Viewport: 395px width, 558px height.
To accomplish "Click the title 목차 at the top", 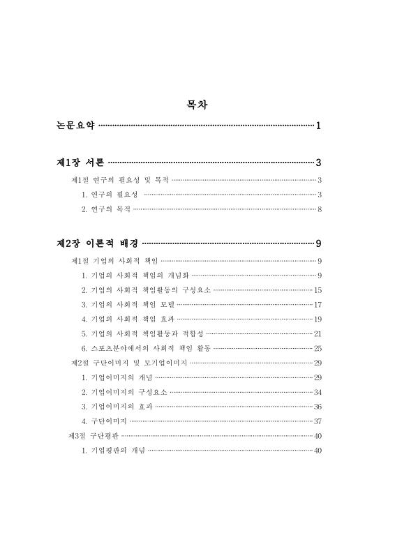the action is [197, 106].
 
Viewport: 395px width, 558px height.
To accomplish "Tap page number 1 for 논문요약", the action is [318, 126].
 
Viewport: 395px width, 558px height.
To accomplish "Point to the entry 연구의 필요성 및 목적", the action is [120, 180].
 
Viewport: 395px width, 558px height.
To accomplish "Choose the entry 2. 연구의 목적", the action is [105, 209].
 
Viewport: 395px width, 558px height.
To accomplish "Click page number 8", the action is [319, 209].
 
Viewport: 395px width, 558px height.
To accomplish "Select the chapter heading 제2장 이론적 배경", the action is [97, 243].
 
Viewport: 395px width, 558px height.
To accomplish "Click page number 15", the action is [318, 289].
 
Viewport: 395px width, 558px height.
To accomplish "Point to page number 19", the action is [318, 319].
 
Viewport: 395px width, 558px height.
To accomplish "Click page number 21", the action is [318, 333].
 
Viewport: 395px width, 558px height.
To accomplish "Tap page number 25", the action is [318, 348].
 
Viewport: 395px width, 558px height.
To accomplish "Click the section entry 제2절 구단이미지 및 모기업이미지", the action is [128, 363].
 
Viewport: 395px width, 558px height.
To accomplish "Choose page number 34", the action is [318, 392].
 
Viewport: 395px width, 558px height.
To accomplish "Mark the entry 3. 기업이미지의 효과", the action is [116, 407].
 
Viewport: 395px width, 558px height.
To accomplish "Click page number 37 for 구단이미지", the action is [318, 421].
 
